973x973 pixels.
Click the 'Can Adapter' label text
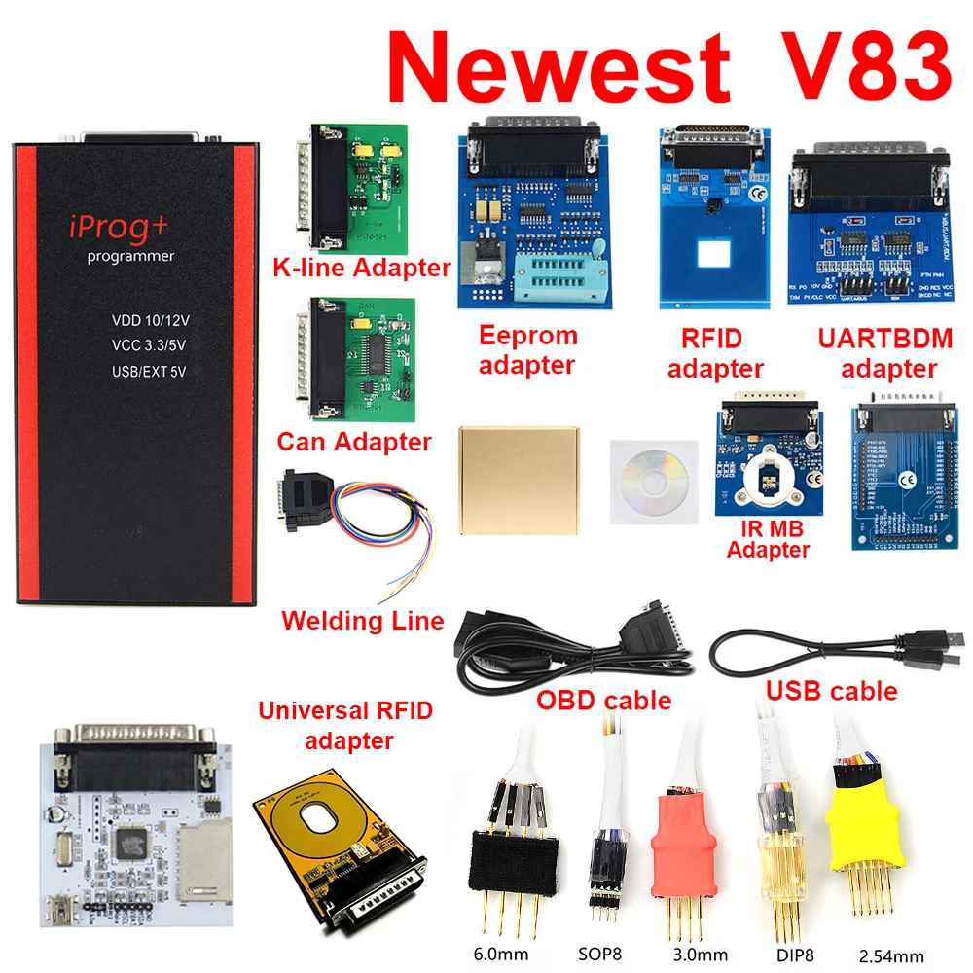click(354, 442)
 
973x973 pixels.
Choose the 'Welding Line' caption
click(362, 620)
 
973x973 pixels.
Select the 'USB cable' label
click(831, 691)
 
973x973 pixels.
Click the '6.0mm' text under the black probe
click(496, 955)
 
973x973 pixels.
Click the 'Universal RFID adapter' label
click(345, 726)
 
